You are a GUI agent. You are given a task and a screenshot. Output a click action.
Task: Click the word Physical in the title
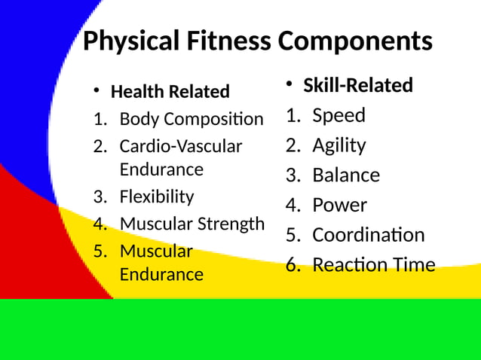pos(131,41)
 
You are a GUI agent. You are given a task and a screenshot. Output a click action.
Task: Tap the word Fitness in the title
pos(229,41)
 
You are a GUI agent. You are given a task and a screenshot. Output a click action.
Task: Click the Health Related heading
pos(170,92)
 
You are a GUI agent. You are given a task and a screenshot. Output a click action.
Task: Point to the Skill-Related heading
pos(358,86)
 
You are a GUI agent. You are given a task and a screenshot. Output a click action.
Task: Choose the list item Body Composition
pos(191,119)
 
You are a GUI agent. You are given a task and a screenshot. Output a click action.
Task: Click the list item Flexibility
pos(157,197)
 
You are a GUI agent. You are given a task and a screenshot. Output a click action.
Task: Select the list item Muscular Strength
pos(192,224)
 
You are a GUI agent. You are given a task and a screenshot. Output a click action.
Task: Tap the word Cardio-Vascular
pos(181,146)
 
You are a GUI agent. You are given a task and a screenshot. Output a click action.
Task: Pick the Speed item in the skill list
pos(339,115)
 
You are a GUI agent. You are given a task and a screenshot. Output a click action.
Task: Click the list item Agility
pos(339,145)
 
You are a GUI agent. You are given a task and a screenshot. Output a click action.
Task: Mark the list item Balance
pos(346,175)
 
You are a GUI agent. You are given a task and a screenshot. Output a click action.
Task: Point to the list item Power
pos(339,205)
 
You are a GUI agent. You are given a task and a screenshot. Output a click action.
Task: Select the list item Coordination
pos(368,235)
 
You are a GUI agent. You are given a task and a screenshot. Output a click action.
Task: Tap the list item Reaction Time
pos(373,265)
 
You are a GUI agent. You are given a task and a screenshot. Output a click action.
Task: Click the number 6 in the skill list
pos(291,265)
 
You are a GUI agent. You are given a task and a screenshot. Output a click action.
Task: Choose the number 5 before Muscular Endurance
pos(99,251)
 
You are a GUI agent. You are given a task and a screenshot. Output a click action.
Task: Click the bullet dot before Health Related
pos(97,91)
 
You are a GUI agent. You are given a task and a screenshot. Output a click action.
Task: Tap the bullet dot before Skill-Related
pos(290,84)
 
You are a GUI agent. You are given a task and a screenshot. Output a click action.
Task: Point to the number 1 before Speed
pos(291,115)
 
